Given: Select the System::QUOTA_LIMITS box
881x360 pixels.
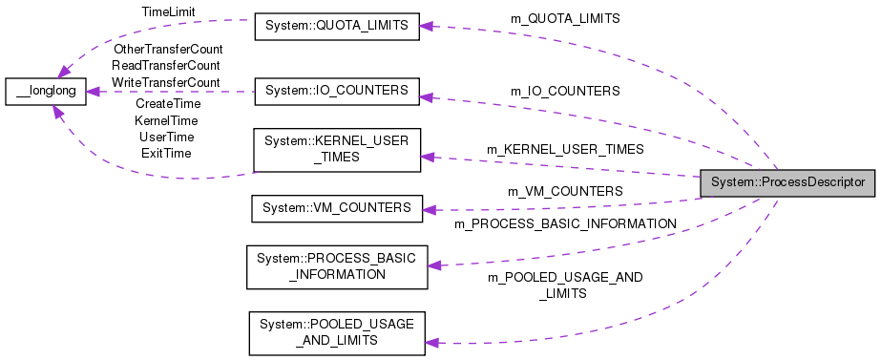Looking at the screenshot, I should pos(337,27).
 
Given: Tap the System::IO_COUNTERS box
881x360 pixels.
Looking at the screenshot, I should pos(337,91).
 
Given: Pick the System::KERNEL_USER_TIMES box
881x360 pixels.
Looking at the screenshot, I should pos(336,149).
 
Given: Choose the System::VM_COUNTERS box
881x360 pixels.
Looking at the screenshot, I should pos(336,208).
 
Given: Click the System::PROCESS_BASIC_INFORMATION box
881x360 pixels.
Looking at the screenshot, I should pos(337,266).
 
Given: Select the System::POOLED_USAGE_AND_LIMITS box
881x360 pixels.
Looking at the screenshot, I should pos(337,332).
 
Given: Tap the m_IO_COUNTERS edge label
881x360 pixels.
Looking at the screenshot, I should pos(565,91).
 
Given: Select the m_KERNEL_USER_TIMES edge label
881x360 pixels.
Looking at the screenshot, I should pos(565,149).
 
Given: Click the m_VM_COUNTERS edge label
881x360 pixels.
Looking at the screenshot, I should pos(565,191).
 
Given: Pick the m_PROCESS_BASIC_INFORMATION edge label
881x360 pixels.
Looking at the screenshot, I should pos(565,223).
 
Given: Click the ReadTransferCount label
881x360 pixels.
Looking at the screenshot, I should pos(166,65).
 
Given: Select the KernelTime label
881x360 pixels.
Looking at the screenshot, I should pos(166,120).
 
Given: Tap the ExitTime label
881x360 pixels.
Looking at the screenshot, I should pos(166,153).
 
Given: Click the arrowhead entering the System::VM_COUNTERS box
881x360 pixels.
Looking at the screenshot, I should pos(430,209).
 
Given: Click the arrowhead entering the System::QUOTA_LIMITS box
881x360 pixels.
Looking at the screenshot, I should pos(428,27).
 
